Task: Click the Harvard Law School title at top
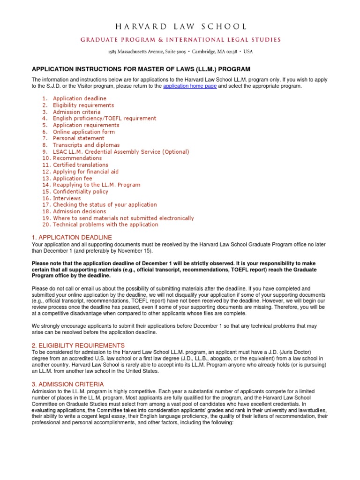[180, 27]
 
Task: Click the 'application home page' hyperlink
[190, 86]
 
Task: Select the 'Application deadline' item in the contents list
[79, 98]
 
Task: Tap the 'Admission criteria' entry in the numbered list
[76, 112]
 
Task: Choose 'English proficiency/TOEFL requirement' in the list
[104, 119]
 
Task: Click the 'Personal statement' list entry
[78, 138]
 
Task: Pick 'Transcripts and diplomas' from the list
[86, 145]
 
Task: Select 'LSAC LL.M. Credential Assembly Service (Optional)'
[120, 152]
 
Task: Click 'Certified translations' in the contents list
[80, 165]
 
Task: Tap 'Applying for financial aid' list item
[85, 172]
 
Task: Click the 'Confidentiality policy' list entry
[80, 192]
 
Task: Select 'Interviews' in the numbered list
[67, 198]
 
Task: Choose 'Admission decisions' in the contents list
[79, 211]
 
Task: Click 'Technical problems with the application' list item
[105, 225]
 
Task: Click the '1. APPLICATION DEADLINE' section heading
[72, 238]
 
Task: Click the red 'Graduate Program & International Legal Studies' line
[180, 40]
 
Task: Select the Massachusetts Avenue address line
[180, 52]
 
